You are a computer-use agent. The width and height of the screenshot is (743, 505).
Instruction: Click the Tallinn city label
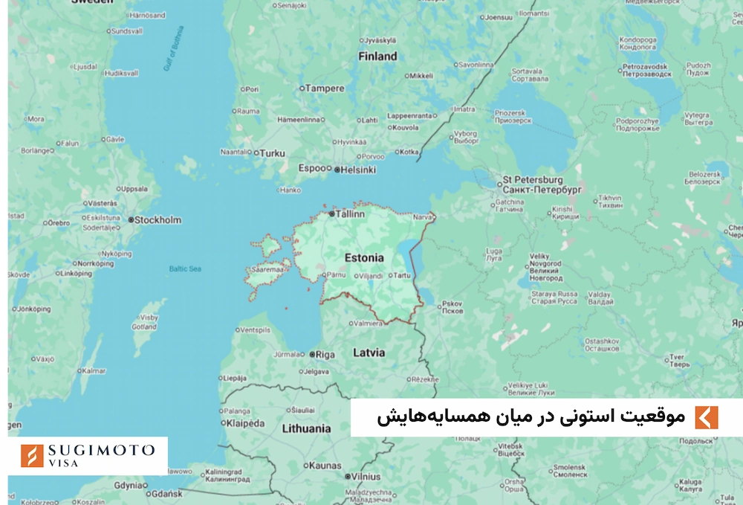[x=350, y=214]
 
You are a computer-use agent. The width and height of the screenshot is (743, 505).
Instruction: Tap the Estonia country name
[x=364, y=258]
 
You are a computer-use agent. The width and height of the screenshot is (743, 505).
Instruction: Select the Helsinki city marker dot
[x=337, y=170]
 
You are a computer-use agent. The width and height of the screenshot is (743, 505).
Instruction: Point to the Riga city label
[x=325, y=355]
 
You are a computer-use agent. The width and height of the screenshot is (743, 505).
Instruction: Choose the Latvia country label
[x=369, y=352]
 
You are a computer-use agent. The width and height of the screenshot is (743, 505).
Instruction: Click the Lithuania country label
[x=306, y=428]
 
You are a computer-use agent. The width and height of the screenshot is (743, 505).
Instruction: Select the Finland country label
[x=377, y=56]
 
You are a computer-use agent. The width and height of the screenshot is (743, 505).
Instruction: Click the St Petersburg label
[x=533, y=180]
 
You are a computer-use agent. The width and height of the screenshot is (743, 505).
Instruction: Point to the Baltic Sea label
[x=185, y=268]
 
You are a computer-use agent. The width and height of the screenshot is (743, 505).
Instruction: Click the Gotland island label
[x=144, y=327]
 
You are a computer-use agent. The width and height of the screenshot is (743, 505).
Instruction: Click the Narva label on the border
[x=422, y=218]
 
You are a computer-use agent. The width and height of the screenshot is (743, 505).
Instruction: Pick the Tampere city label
[x=326, y=89]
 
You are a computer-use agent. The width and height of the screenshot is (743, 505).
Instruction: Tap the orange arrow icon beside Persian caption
[x=707, y=417]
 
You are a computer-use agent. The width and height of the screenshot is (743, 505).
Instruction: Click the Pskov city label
[x=452, y=303]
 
